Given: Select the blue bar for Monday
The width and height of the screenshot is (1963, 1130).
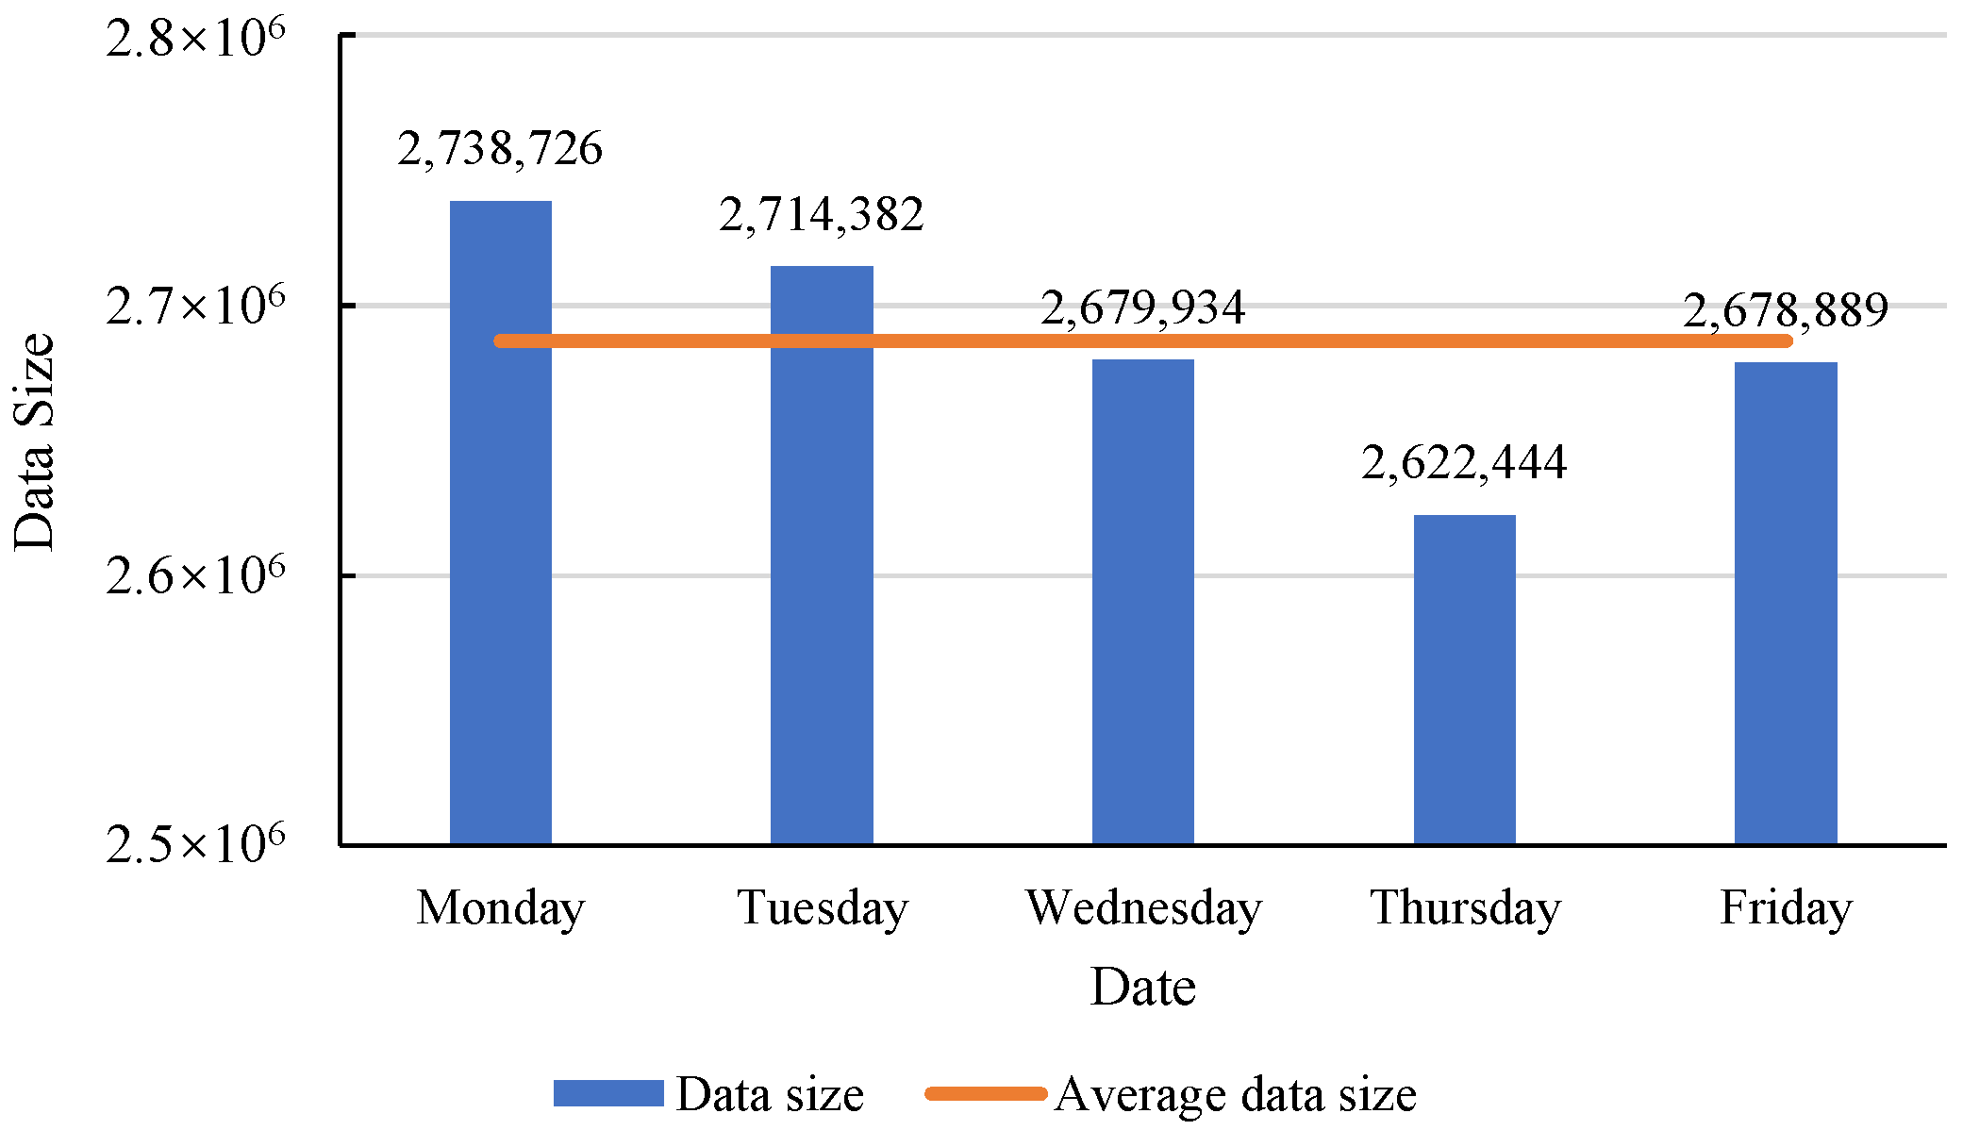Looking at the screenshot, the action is click(x=500, y=523).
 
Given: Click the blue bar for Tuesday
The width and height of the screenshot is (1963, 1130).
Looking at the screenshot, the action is click(x=822, y=556).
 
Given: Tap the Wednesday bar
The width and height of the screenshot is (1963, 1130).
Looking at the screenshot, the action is click(x=1143, y=602).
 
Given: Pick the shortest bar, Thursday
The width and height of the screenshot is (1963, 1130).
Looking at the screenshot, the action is click(x=1465, y=680).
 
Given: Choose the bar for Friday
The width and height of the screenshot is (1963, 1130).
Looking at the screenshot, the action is click(x=1786, y=604).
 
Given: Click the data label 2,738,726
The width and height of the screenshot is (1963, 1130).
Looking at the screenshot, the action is click(x=500, y=149).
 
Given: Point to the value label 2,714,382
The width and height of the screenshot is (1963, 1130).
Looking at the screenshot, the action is click(x=822, y=215).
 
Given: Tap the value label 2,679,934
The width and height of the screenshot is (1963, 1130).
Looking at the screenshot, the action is click(x=1143, y=308).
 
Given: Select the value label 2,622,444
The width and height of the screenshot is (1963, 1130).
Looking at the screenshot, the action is click(x=1465, y=463).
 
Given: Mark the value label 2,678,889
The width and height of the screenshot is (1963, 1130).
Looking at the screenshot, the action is click(x=1786, y=311).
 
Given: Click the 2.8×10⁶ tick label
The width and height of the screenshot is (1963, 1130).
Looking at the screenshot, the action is click(x=195, y=38).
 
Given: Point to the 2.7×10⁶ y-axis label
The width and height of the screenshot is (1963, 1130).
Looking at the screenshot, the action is click(x=195, y=306).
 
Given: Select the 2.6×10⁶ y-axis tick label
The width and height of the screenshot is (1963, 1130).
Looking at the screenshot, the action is click(x=195, y=575).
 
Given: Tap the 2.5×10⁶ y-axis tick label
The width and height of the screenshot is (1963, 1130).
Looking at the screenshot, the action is click(x=195, y=843).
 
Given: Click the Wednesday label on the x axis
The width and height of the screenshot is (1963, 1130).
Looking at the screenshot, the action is click(x=1144, y=908).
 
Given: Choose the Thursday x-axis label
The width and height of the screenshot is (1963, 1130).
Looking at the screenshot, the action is click(x=1466, y=908).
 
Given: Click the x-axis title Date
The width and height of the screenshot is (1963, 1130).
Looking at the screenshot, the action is click(x=1143, y=988).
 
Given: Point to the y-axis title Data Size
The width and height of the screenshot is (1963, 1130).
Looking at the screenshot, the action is click(x=35, y=441).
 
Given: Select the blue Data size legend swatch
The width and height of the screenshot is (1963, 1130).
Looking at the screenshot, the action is click(x=608, y=1093).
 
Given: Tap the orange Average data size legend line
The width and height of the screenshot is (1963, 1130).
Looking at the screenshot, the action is click(x=987, y=1094).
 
